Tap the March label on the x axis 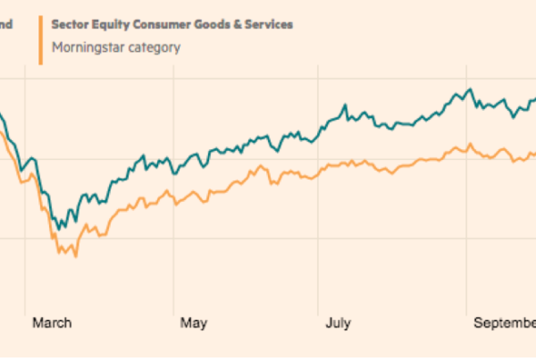52,322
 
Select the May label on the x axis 193,322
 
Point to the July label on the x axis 337,322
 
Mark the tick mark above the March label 26,308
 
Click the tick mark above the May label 172,308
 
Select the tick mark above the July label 319,308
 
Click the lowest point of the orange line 75,257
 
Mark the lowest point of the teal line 59,230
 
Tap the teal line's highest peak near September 469,89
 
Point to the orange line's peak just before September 461,144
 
